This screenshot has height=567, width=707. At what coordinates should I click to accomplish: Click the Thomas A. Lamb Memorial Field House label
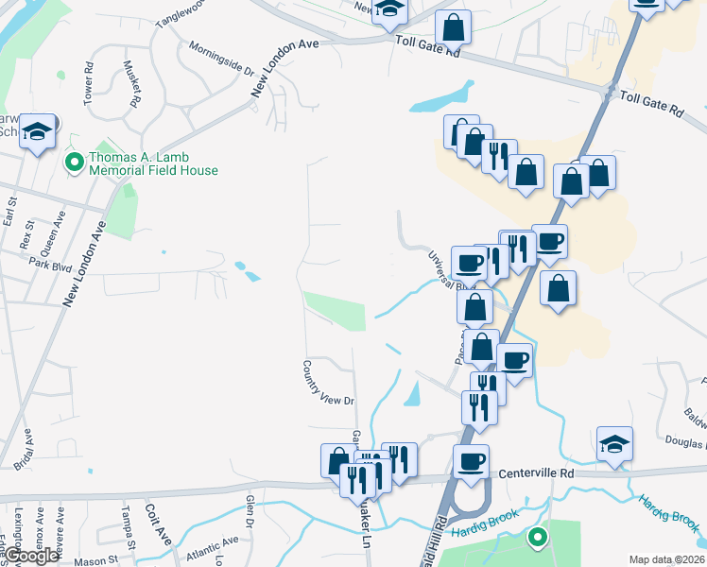coord(152,164)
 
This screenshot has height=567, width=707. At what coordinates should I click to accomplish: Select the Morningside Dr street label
coord(222,58)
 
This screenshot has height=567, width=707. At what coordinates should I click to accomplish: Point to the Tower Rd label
coord(89,82)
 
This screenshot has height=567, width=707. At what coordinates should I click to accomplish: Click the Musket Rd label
coord(132,83)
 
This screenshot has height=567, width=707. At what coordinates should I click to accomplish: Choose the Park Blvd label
coord(50,264)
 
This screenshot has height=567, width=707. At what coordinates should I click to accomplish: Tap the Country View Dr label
coord(327,382)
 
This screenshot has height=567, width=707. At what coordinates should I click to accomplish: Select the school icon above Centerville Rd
coord(614,443)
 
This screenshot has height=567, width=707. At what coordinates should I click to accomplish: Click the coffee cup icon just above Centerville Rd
coord(470,461)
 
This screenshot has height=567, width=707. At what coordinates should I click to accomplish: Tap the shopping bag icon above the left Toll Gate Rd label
coord(454,27)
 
